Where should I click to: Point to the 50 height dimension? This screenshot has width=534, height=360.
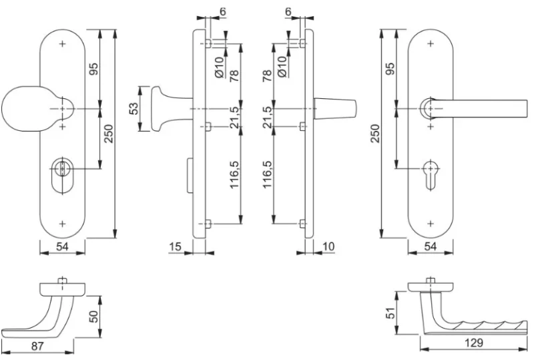point(94,314)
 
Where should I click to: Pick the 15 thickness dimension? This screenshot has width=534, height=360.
point(176,247)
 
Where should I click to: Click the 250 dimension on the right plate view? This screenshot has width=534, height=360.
point(376,132)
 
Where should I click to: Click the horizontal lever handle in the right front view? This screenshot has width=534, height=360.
point(474,107)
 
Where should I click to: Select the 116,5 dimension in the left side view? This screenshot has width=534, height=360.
point(235,174)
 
